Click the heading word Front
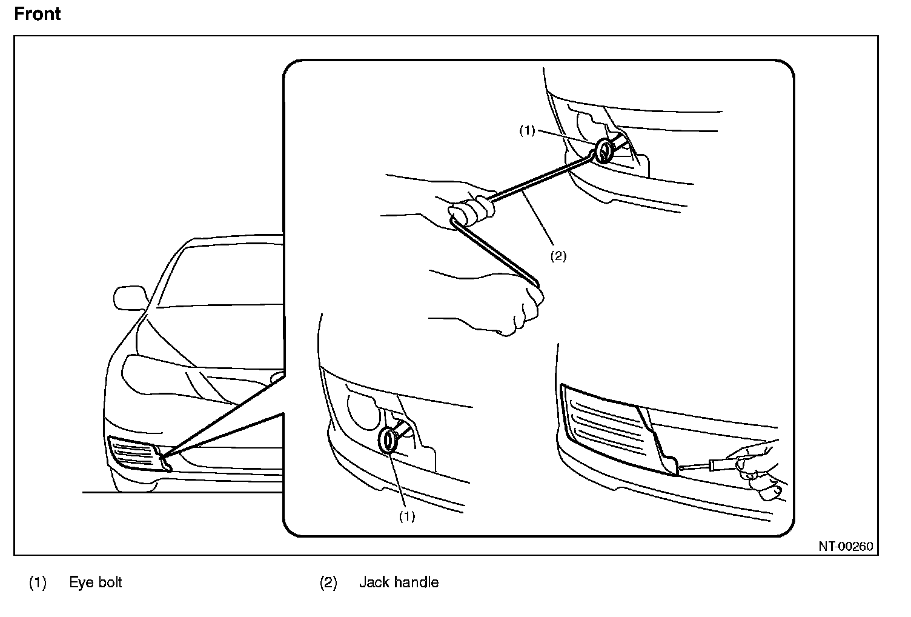click(37, 13)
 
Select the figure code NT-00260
click(846, 547)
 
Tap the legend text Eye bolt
click(95, 582)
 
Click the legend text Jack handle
click(399, 582)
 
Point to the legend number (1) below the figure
click(38, 583)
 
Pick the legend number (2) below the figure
click(328, 583)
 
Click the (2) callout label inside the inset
click(558, 256)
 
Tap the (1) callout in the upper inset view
click(527, 130)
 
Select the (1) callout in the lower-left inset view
click(406, 516)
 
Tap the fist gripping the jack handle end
click(521, 309)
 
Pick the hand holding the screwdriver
click(757, 470)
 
